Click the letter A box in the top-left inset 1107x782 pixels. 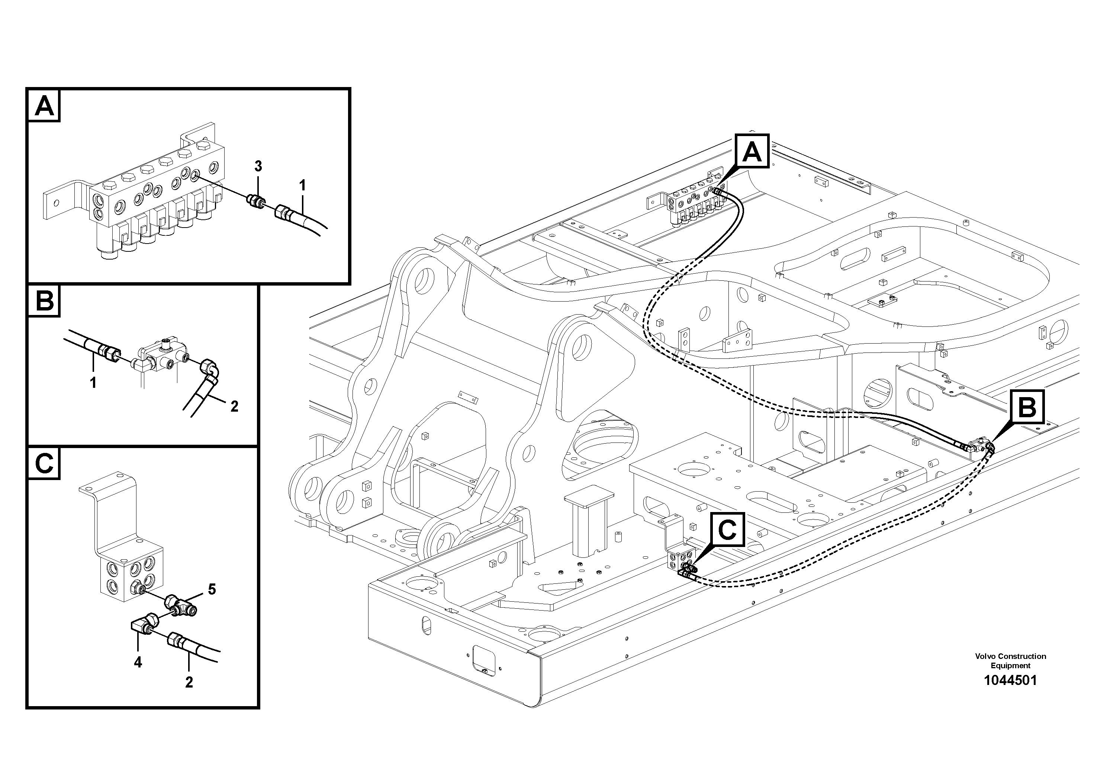44,106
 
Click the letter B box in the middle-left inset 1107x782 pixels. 44,302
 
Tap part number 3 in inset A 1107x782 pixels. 258,166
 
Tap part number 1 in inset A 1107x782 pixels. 302,185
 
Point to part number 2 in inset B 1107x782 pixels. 234,406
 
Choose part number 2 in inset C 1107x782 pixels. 189,682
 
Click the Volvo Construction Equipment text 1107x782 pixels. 1010,660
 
